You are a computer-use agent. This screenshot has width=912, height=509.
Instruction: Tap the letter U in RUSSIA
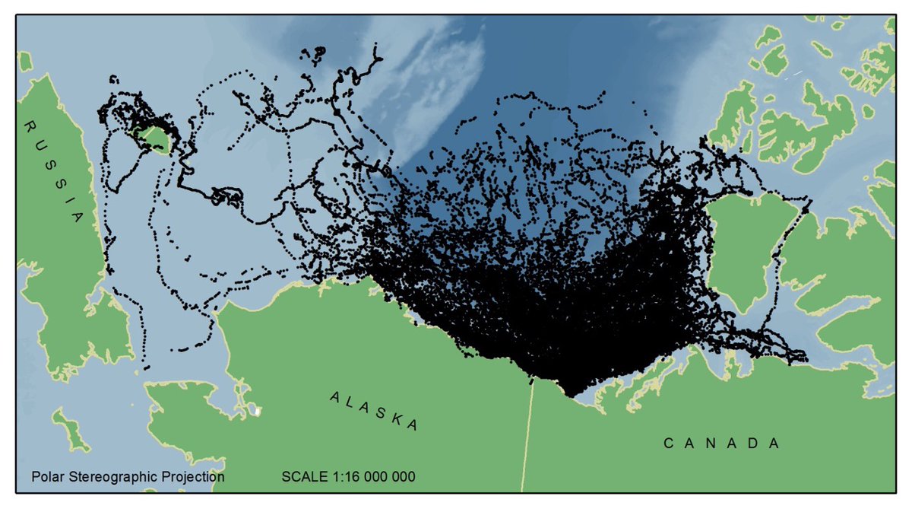pos(39,145)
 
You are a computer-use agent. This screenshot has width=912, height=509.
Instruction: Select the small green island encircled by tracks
pos(156,139)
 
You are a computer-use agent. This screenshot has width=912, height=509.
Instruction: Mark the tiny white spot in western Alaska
pos(258,411)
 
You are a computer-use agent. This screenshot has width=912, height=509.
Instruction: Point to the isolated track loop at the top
pos(312,54)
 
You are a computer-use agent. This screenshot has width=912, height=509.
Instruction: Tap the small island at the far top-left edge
pos(24,61)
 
